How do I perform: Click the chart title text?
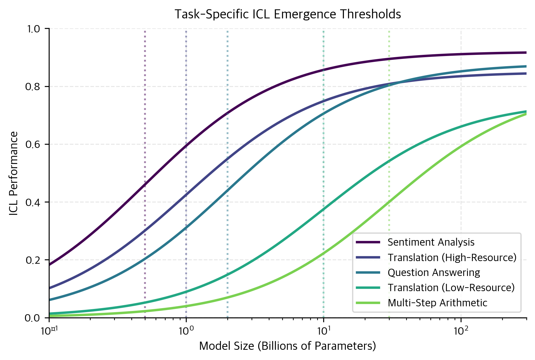(287, 14)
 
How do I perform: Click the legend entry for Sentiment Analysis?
(431, 242)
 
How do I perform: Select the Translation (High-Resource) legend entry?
(452, 258)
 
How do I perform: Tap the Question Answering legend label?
(433, 273)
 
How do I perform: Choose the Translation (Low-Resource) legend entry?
(451, 288)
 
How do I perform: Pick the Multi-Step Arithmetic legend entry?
(437, 303)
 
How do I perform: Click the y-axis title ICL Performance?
(14, 174)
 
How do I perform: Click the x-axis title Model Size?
(287, 346)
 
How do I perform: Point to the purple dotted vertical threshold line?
(145, 117)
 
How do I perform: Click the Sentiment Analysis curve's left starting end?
(50, 264)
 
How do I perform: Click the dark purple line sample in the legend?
(368, 242)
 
